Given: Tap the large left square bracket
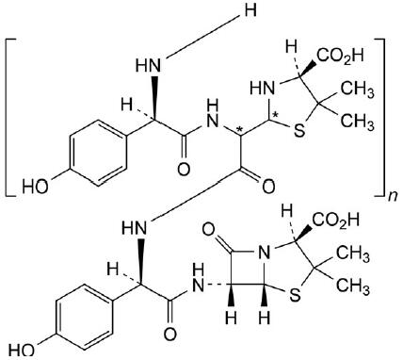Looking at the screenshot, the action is (x=12, y=117).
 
